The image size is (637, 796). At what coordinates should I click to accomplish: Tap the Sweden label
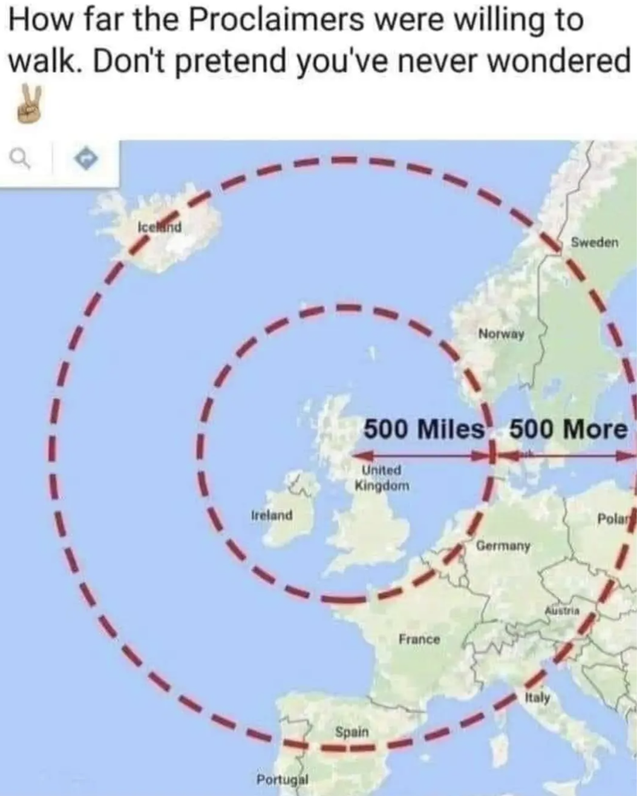(x=595, y=243)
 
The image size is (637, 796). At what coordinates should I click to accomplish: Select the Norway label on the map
(x=501, y=334)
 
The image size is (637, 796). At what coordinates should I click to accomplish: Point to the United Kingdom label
(x=382, y=478)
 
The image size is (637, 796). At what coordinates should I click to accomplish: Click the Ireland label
(x=272, y=515)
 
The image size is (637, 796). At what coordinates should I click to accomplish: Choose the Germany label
(x=503, y=545)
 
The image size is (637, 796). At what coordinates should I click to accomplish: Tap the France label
(x=419, y=639)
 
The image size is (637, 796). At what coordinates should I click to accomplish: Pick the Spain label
(x=351, y=732)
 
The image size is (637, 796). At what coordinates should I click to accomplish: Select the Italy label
(x=537, y=698)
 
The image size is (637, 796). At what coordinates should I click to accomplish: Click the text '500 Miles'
(x=424, y=429)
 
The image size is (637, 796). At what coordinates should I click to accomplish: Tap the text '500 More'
(x=568, y=429)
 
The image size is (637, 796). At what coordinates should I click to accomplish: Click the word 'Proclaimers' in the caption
(x=275, y=21)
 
